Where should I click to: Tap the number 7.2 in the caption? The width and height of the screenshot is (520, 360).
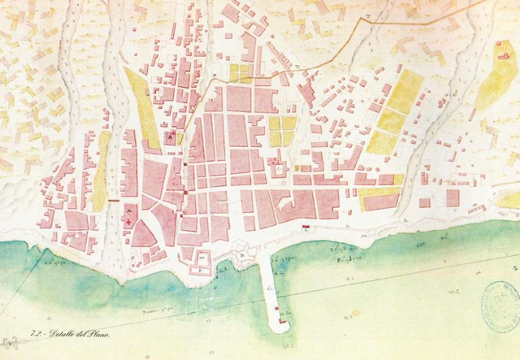tap(36, 334)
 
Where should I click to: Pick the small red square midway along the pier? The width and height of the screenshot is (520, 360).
tap(279, 310)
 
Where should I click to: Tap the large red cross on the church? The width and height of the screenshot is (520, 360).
tap(128, 222)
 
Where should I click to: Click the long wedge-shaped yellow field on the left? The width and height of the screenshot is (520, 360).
tap(142, 110)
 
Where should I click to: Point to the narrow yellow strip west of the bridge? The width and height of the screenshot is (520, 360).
tap(101, 172)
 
